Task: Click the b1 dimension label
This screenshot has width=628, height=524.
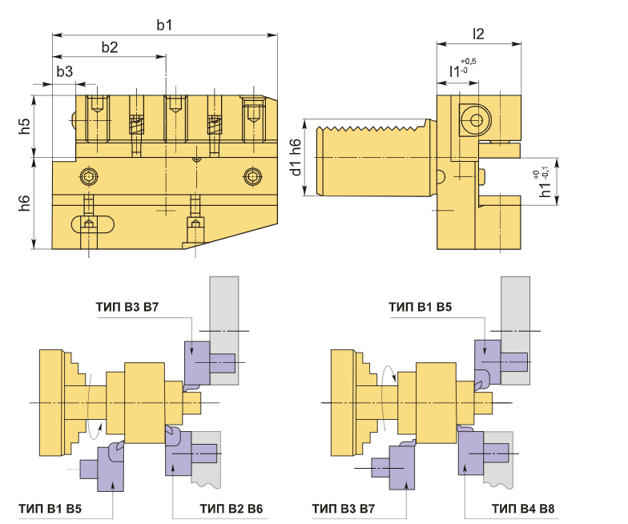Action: pos(164,25)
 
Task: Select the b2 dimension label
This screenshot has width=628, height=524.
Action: pos(110,46)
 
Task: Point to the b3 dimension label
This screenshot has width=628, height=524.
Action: pos(65,72)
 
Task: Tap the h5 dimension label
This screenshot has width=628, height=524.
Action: pos(25,126)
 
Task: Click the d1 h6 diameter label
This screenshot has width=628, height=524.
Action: pos(296,157)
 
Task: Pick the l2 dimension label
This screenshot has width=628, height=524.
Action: pos(478,34)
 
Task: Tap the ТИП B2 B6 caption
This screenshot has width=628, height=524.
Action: pos(231,508)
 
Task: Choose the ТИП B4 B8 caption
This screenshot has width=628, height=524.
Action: pos(525,508)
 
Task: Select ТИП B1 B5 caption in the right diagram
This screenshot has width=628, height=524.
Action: pos(420,307)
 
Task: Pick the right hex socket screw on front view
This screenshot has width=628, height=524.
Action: pos(253,175)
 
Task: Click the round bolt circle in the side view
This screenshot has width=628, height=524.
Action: pos(477,121)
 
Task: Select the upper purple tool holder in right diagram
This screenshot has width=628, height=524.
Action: pos(489,360)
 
